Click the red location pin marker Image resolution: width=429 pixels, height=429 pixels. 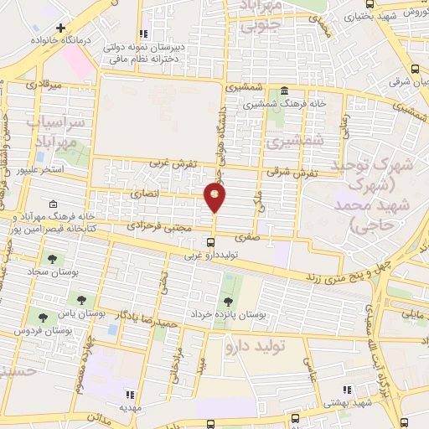(x=215, y=198)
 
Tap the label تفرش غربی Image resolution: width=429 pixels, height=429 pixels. (x=166, y=165)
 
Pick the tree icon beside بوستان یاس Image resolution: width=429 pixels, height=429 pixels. (x=81, y=299)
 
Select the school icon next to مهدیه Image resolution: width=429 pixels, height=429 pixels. (x=129, y=394)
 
